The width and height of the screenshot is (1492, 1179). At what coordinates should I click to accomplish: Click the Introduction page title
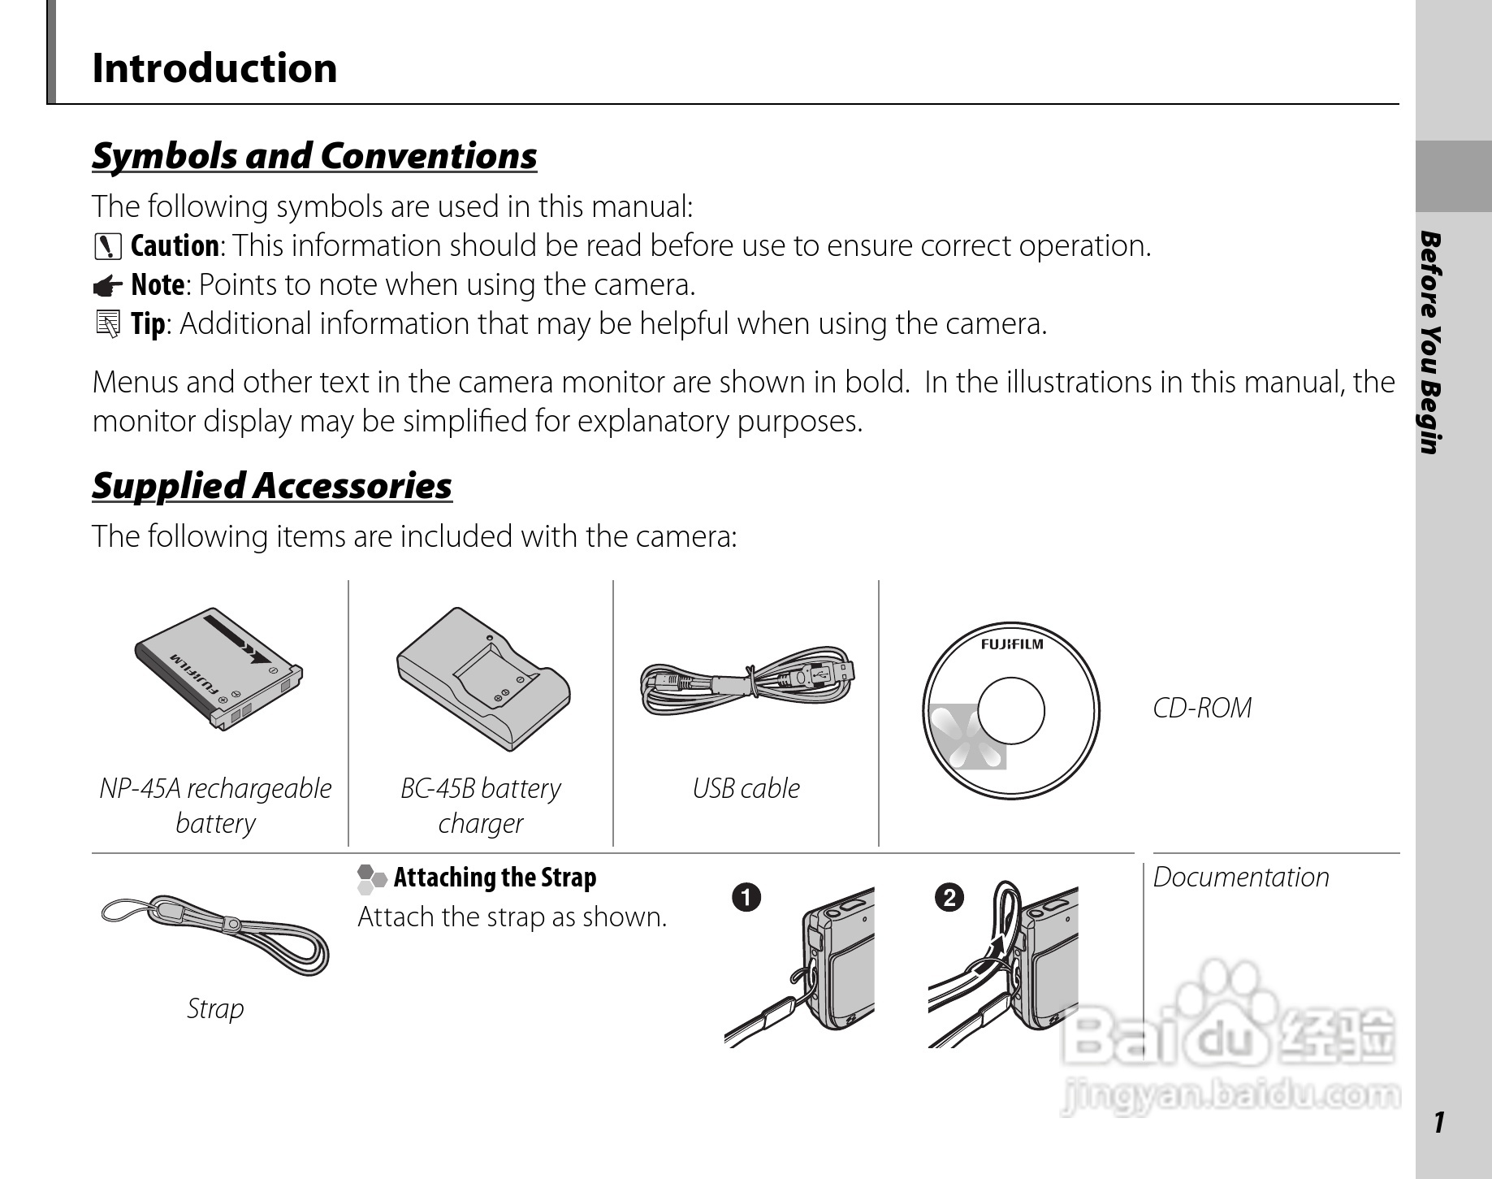[x=214, y=68]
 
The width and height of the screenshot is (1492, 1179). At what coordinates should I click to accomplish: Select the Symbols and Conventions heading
[x=314, y=156]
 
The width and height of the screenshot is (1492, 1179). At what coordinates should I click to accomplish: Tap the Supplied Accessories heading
[x=272, y=486]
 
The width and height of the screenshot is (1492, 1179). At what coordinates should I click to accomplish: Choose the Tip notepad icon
[x=107, y=324]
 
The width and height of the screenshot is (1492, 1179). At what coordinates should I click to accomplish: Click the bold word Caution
[x=175, y=246]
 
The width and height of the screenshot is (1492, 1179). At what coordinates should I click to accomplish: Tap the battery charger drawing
[x=482, y=679]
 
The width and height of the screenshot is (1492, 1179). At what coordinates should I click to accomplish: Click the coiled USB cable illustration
[x=747, y=681]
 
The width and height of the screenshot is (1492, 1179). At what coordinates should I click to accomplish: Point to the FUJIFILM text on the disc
[x=1011, y=644]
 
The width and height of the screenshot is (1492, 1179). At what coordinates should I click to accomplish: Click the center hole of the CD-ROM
[x=1010, y=711]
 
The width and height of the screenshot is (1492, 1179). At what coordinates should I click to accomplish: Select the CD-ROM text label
[x=1202, y=709]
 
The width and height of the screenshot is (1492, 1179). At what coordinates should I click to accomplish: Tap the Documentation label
[x=1241, y=878]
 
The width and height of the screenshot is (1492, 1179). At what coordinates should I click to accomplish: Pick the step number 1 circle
[x=746, y=898]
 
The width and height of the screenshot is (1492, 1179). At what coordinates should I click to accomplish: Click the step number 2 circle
[x=949, y=898]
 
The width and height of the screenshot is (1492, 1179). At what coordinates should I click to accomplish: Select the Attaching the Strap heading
[x=495, y=878]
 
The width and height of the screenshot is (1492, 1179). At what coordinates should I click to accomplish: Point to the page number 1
[x=1439, y=1122]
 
